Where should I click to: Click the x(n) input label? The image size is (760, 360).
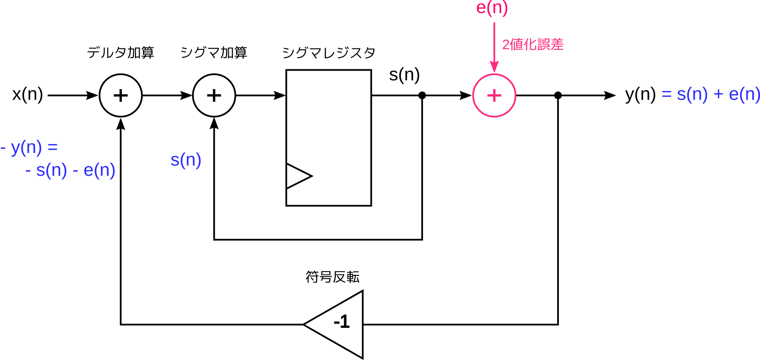tap(28, 94)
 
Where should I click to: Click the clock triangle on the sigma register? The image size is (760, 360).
tap(299, 176)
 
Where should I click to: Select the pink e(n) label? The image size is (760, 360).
tap(492, 8)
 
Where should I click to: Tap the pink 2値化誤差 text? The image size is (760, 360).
tap(533, 44)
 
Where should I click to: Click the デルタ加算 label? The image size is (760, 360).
tap(120, 53)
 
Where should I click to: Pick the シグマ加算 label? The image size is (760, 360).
tap(214, 53)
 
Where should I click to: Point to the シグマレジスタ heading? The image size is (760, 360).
tap(329, 53)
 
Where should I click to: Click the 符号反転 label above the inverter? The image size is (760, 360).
tap(332, 277)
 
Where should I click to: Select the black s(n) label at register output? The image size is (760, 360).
tap(404, 75)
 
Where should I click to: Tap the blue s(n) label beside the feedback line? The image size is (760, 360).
tap(186, 160)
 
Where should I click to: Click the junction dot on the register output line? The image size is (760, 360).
tap(422, 96)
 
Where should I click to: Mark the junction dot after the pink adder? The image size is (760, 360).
tap(558, 96)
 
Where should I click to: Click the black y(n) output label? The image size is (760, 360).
tap(640, 94)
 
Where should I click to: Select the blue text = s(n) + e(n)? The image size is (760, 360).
tap(711, 94)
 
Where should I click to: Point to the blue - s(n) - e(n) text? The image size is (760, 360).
tap(70, 170)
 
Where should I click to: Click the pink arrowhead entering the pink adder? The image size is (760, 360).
tap(494, 67)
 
